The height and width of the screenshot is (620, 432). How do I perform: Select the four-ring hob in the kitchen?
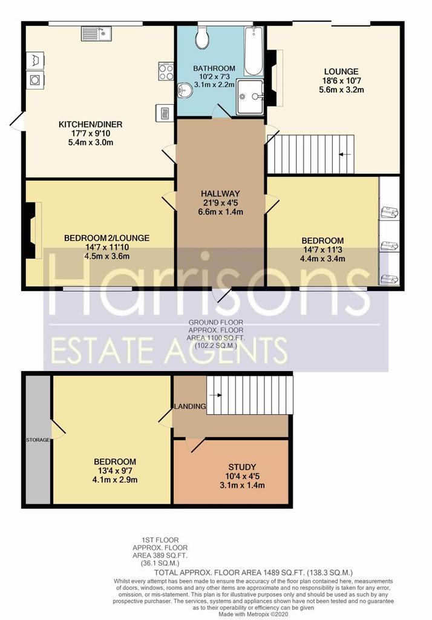[x=166, y=71]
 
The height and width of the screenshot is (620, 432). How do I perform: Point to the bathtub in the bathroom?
[x=254, y=51]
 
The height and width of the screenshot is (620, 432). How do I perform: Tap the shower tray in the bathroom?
[x=250, y=97]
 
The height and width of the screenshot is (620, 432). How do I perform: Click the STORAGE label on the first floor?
[x=38, y=440]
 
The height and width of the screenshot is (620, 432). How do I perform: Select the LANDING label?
[x=190, y=406]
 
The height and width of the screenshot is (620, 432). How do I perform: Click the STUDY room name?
[x=242, y=467]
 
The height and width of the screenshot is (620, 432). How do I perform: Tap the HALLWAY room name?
[x=221, y=194]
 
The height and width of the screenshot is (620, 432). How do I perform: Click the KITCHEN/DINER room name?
[x=91, y=125]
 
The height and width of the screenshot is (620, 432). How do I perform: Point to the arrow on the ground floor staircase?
[x=345, y=154]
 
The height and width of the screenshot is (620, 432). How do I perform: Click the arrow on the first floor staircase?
[x=216, y=395]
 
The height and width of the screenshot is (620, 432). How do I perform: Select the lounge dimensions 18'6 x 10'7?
[x=341, y=81]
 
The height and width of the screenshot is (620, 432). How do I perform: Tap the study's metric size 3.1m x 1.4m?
[x=242, y=485]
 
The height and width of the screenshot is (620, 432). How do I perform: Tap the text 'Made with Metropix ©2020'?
[x=254, y=615]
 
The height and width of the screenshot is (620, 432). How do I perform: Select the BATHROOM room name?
[x=214, y=68]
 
